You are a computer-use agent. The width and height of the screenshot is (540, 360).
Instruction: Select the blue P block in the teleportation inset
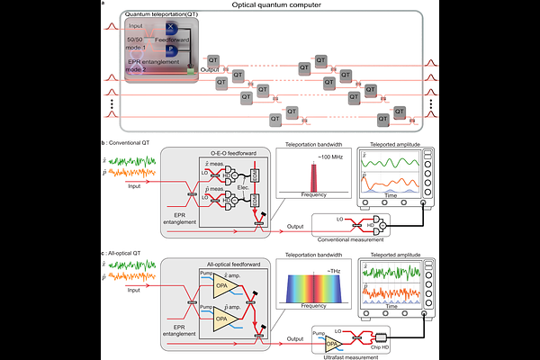point(171,50)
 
